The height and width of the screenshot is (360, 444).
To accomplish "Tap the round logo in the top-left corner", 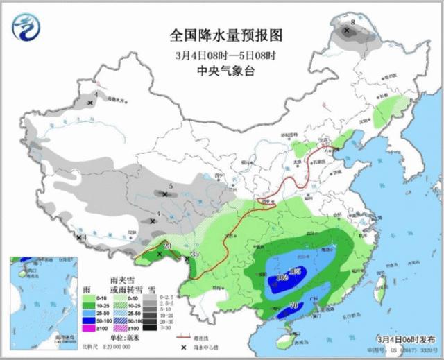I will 26,26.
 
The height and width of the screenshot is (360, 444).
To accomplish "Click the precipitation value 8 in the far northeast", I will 352,24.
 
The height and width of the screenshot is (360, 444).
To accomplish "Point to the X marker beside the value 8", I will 347,31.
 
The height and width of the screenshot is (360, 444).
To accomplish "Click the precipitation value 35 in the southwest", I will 196,255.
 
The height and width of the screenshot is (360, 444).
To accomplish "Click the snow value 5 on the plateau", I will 171,187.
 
